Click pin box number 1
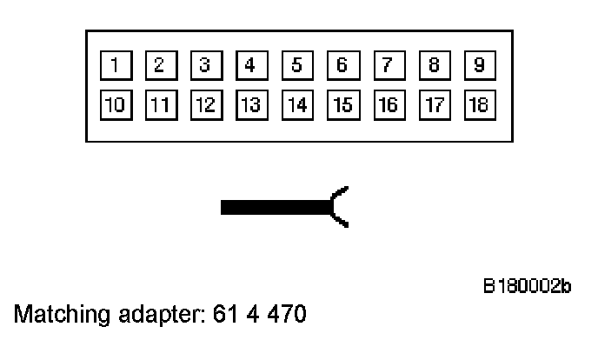pyautogui.click(x=111, y=64)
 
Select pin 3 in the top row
pyautogui.click(x=203, y=64)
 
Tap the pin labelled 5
pyautogui.click(x=296, y=64)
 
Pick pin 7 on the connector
pyautogui.click(x=387, y=64)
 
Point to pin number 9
pyautogui.click(x=478, y=64)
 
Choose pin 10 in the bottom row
pyautogui.click(x=111, y=104)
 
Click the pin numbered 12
pyautogui.click(x=203, y=104)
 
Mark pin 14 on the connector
pyautogui.click(x=296, y=104)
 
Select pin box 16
pyautogui.click(x=387, y=104)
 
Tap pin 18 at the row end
pyautogui.click(x=478, y=104)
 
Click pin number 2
pyautogui.click(x=158, y=64)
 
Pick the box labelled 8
pyautogui.click(x=432, y=64)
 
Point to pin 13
pyautogui.click(x=250, y=104)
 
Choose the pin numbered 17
pyautogui.click(x=432, y=104)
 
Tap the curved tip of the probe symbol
pyautogui.click(x=341, y=207)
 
